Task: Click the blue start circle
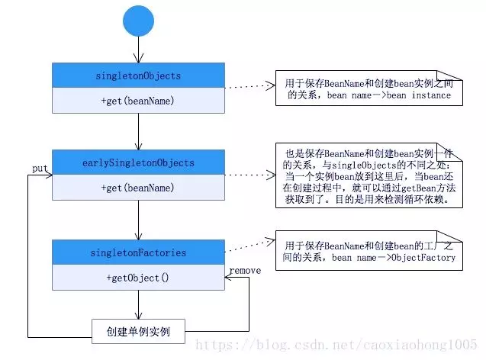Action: [x=138, y=21]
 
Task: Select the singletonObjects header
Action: [x=138, y=76]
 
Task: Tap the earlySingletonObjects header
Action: [x=138, y=162]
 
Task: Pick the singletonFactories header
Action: [x=138, y=252]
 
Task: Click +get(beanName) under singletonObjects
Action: [x=137, y=101]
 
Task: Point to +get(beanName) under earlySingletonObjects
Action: [x=137, y=188]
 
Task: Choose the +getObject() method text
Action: [x=137, y=278]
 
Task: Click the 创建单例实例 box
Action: [x=138, y=331]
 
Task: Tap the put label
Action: [x=40, y=169]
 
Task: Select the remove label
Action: [x=245, y=271]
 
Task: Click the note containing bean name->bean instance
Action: [x=369, y=88]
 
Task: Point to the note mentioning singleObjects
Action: [x=369, y=175]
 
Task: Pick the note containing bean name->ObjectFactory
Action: [x=369, y=251]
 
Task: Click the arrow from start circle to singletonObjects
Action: [x=138, y=50]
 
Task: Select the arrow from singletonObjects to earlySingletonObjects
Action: [x=138, y=132]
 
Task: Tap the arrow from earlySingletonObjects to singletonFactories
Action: [x=138, y=220]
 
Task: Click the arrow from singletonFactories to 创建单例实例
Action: [x=138, y=304]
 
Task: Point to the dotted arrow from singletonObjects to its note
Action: [x=250, y=86]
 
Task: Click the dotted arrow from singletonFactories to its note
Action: [x=250, y=246]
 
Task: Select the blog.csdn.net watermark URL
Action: [x=336, y=345]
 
